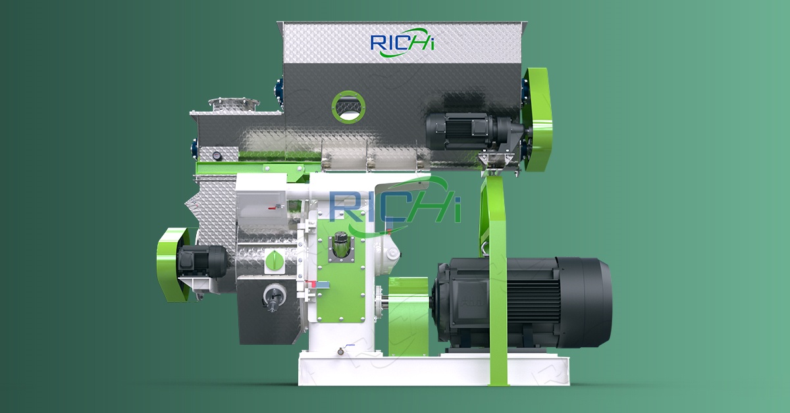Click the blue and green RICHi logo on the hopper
pos(402,43)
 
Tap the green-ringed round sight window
pos(348,107)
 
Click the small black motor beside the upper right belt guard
pos(476,132)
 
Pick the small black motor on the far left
pos(202,262)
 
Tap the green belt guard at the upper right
pos(537,120)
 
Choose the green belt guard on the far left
pos(172,264)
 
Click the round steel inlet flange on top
pos(234,103)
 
